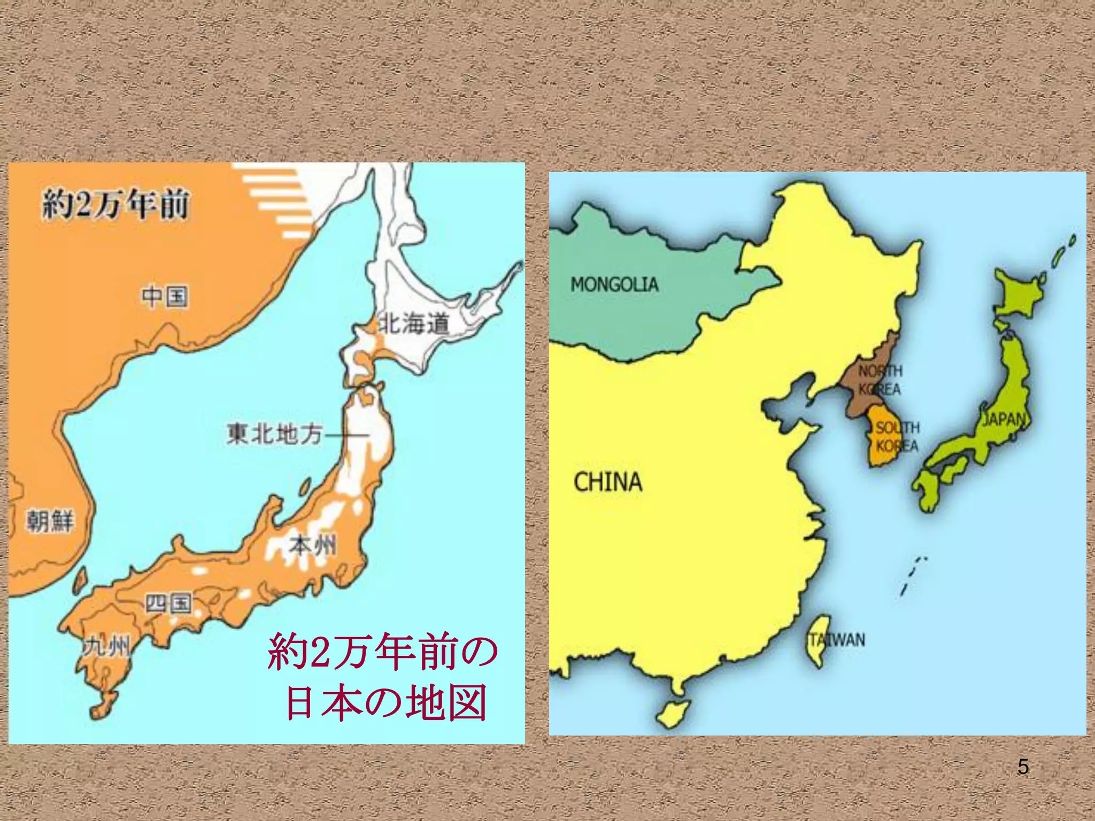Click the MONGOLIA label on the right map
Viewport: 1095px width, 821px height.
(x=614, y=284)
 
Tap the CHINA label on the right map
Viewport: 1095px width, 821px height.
(x=607, y=482)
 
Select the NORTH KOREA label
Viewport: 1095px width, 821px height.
(x=880, y=379)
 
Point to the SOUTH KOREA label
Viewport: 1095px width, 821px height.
(x=897, y=436)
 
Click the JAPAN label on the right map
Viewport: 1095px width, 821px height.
(x=1004, y=420)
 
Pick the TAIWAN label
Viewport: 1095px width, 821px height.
(x=837, y=640)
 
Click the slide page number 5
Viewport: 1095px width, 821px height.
(x=1023, y=767)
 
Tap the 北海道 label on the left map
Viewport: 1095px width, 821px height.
(x=413, y=324)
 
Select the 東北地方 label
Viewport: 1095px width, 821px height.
(x=274, y=433)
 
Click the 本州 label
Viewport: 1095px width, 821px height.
(x=313, y=546)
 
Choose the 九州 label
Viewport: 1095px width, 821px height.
(x=106, y=647)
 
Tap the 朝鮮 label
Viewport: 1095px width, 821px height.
(x=50, y=521)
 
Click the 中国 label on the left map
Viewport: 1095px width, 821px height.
(x=164, y=297)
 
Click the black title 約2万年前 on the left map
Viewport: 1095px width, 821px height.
(x=115, y=205)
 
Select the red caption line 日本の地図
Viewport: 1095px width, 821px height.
(x=386, y=702)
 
